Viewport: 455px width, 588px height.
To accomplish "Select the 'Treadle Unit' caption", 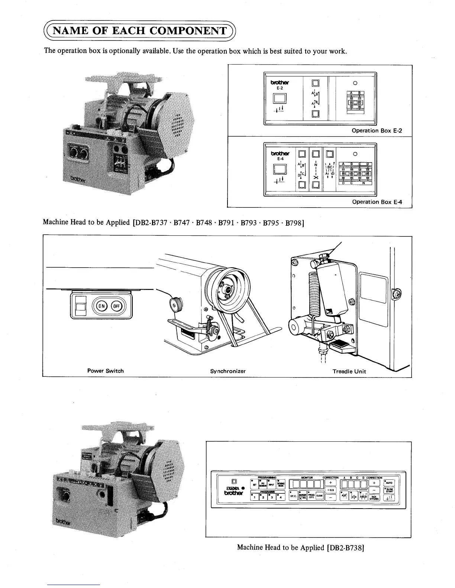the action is click(x=349, y=371).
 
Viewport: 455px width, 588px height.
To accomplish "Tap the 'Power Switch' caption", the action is click(x=106, y=370).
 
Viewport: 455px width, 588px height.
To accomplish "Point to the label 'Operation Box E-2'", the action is click(x=377, y=131).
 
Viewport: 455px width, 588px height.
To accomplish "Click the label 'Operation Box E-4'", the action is click(x=377, y=202).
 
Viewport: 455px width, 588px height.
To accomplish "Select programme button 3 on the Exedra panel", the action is click(x=272, y=497).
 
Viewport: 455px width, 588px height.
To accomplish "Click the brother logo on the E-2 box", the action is click(x=280, y=82).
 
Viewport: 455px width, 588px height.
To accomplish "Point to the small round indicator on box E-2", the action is click(x=355, y=83).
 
